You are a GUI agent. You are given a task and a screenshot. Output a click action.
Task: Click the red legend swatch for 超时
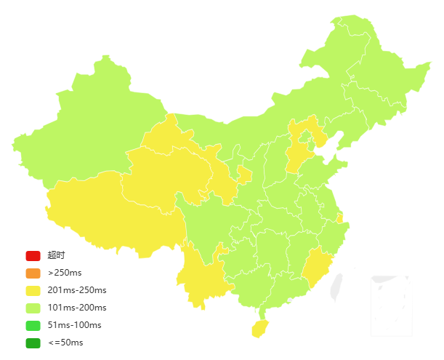tap(33, 255)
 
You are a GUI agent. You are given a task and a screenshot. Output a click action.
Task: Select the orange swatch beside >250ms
tap(33, 273)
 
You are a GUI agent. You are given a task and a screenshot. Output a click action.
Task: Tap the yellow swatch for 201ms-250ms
tap(33, 291)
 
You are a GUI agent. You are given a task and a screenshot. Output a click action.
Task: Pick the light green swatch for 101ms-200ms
tap(33, 308)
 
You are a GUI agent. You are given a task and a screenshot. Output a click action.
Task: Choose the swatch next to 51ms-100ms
tap(33, 325)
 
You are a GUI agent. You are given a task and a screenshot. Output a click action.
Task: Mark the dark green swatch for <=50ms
tap(33, 343)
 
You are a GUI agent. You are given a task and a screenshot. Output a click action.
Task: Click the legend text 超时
tap(56, 255)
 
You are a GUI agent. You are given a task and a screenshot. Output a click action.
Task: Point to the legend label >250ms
tap(65, 273)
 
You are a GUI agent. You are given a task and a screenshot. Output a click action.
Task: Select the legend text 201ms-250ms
tap(77, 291)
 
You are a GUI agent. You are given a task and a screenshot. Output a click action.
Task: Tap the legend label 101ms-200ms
tap(77, 308)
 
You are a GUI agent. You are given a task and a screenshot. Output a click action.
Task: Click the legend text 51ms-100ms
tap(74, 325)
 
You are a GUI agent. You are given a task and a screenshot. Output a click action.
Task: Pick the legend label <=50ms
tap(65, 343)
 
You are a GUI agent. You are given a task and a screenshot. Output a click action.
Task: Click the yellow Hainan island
tap(259, 328)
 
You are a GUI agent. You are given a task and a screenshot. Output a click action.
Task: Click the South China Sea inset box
tap(391, 305)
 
